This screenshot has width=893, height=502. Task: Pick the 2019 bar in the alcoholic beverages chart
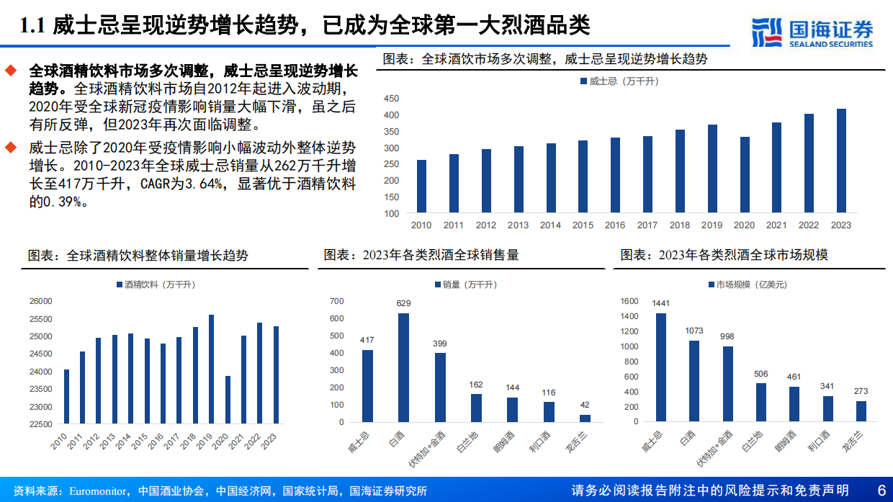click(x=211, y=369)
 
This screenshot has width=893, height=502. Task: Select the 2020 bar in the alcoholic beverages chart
click(x=228, y=400)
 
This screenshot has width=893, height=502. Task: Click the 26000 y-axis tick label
click(x=41, y=301)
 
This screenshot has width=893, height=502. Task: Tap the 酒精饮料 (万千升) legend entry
click(x=155, y=285)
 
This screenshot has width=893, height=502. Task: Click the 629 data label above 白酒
click(x=404, y=303)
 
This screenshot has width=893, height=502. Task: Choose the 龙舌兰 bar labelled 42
click(x=585, y=418)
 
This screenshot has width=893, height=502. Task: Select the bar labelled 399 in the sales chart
click(x=440, y=387)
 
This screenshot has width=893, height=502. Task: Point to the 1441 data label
click(x=660, y=303)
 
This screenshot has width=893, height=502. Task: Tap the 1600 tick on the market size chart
click(x=629, y=301)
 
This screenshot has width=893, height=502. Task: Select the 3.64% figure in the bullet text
click(x=217, y=185)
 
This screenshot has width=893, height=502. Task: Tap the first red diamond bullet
click(x=10, y=71)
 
